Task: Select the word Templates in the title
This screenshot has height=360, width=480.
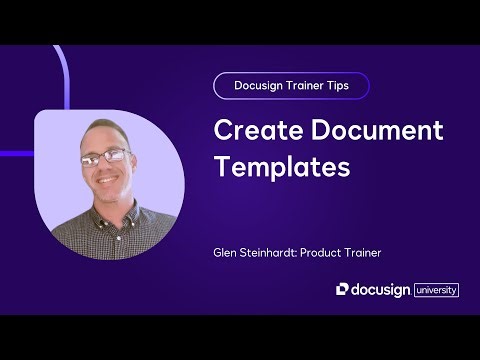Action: pyautogui.click(x=283, y=166)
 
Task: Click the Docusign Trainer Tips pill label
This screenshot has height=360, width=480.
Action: pyautogui.click(x=291, y=86)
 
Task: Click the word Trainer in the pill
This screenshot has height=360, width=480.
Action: pyautogui.click(x=304, y=86)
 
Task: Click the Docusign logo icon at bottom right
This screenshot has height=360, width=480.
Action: pyautogui.click(x=342, y=289)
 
